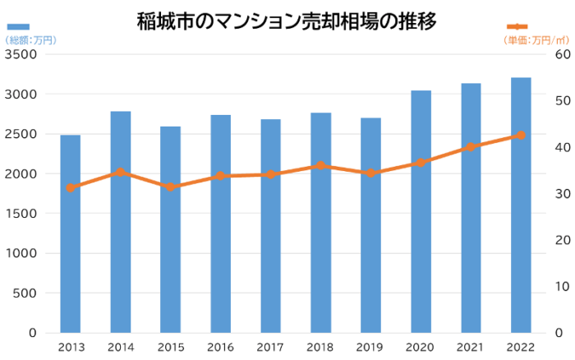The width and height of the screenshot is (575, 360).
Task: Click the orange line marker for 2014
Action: coord(121,173)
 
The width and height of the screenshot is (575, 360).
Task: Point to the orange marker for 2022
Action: coord(521,135)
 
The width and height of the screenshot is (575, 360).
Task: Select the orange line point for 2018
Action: coord(321,166)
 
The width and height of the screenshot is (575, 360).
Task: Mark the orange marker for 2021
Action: coord(471,147)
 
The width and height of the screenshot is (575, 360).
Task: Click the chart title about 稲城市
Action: coord(287,20)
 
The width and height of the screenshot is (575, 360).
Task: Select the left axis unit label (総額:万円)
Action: coord(30,40)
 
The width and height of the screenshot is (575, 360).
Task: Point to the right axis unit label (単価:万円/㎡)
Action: coord(536,40)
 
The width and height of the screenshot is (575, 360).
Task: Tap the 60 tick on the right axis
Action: coord(562,55)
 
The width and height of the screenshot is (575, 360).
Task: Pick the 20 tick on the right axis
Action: coord(562,240)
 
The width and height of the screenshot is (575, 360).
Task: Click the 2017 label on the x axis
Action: coord(271,347)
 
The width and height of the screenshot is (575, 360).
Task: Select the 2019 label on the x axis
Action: coord(371,347)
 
